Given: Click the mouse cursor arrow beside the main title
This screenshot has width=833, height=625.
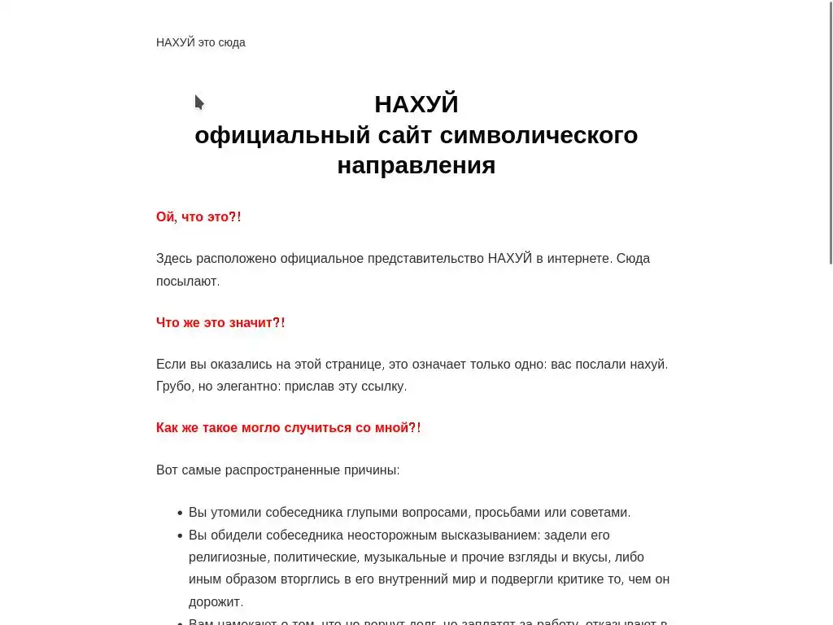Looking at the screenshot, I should pyautogui.click(x=198, y=103).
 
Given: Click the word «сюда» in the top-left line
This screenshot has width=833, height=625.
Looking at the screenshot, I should pyautogui.click(x=232, y=42).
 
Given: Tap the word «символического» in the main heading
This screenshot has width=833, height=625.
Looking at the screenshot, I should pyautogui.click(x=539, y=135).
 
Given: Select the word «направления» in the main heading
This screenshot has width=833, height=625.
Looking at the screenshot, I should pyautogui.click(x=416, y=165).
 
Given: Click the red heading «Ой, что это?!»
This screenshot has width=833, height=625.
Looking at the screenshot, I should pyautogui.click(x=198, y=217).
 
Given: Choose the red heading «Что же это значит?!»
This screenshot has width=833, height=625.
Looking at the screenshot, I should pyautogui.click(x=220, y=323).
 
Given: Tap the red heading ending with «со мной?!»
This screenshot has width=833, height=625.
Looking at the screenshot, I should pyautogui.click(x=288, y=428).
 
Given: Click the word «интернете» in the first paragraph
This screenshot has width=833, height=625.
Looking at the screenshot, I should pyautogui.click(x=578, y=259).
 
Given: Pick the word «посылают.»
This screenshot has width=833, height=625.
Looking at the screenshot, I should pyautogui.click(x=188, y=281).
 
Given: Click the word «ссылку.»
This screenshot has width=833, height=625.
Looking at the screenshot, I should pyautogui.click(x=384, y=386).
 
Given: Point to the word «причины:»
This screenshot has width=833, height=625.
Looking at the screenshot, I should pyautogui.click(x=372, y=470).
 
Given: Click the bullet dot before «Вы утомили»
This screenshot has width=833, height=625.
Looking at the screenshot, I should pyautogui.click(x=180, y=514).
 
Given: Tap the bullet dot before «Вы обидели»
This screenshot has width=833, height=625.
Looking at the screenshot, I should pyautogui.click(x=180, y=535).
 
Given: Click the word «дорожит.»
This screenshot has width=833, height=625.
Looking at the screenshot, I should pyautogui.click(x=216, y=602).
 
